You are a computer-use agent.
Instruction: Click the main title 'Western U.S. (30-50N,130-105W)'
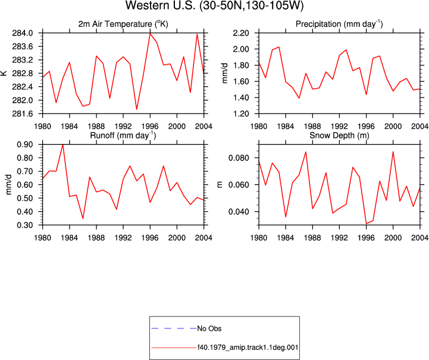(x=214, y=6)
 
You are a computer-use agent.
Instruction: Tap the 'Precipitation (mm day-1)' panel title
(x=339, y=24)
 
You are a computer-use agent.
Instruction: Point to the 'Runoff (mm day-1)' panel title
(x=123, y=136)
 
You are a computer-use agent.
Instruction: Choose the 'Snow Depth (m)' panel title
(x=339, y=136)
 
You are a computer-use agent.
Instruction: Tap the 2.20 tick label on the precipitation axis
(x=241, y=33)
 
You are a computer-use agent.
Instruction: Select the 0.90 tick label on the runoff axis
(x=25, y=145)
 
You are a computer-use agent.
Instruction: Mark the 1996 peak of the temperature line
(x=150, y=33)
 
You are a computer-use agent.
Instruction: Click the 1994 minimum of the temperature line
(x=136, y=109)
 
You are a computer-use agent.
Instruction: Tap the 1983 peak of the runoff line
(x=63, y=145)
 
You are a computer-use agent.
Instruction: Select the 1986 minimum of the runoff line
(x=83, y=218)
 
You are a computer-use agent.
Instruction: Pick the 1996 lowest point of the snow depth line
(x=366, y=224)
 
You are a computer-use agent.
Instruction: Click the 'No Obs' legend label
(x=209, y=328)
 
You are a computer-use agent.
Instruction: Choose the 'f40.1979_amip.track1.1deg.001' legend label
(x=248, y=348)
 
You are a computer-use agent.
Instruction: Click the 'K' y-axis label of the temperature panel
(x=4, y=73)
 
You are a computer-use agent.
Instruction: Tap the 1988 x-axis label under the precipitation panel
(x=312, y=126)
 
